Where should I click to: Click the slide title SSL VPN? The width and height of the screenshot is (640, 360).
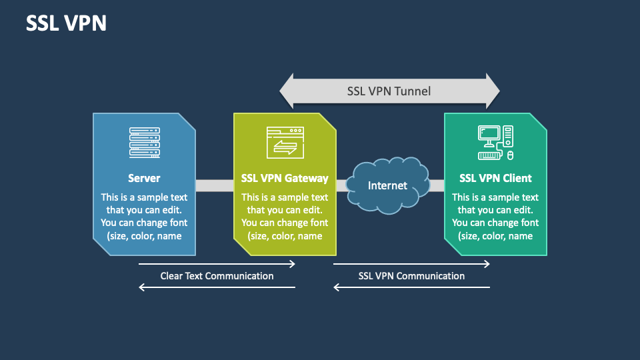[66, 23]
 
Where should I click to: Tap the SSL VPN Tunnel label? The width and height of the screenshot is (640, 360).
[389, 91]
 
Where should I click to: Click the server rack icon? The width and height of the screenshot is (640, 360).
[144, 143]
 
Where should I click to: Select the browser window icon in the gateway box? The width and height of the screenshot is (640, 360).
[285, 143]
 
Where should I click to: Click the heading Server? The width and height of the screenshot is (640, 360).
[144, 178]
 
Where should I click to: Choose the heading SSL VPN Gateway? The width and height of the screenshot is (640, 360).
[285, 178]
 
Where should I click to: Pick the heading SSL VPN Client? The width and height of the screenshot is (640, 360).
[495, 178]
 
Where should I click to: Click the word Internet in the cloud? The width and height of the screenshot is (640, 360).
[387, 185]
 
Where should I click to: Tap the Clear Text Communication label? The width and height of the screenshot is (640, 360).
[217, 275]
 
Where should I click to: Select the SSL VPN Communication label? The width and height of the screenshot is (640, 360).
[411, 275]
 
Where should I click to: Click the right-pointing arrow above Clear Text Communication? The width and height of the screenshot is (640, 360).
[217, 264]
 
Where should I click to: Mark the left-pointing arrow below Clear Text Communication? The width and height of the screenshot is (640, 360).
[217, 287]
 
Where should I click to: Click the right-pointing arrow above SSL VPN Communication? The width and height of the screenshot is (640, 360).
[411, 264]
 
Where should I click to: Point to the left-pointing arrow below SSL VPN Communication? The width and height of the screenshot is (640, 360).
[411, 287]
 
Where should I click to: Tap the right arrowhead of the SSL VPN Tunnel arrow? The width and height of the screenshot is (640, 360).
[491, 91]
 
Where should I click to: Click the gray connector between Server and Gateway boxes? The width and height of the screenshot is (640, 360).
[214, 185]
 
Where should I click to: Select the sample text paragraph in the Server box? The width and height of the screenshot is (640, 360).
[144, 217]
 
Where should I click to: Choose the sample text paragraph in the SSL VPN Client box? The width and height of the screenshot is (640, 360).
[495, 217]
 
